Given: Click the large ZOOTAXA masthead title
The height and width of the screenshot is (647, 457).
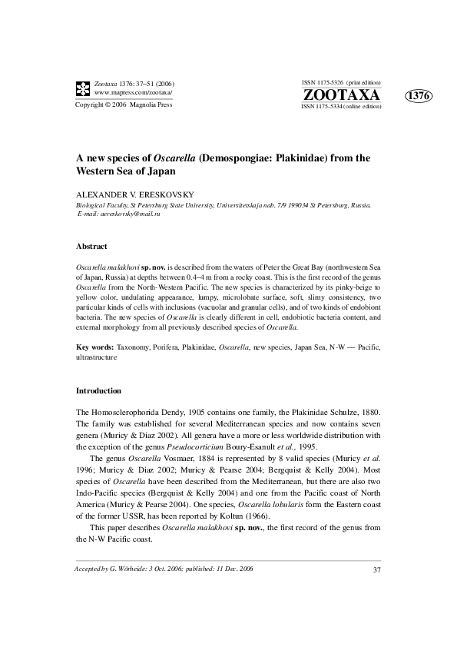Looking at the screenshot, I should click(x=342, y=95).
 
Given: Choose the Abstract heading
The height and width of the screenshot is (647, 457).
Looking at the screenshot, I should click(x=91, y=247).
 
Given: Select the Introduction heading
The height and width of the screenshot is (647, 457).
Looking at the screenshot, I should click(x=98, y=390).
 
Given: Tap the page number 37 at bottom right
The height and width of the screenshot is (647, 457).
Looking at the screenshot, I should click(x=376, y=569).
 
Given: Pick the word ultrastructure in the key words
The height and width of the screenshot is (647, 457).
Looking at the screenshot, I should click(x=96, y=357).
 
